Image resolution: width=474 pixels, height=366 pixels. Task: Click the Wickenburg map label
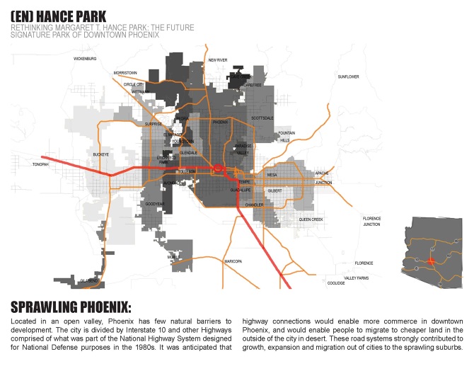[84, 59]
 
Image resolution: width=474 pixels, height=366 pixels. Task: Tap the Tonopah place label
[41, 164]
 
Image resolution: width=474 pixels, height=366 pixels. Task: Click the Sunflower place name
[348, 76]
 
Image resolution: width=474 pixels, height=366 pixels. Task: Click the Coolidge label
[336, 282]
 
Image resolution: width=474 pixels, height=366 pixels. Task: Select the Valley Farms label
[357, 278]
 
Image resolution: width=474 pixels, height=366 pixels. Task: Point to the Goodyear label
[155, 204]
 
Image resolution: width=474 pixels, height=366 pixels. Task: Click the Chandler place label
[253, 205]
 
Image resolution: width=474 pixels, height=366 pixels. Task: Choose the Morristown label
[125, 73]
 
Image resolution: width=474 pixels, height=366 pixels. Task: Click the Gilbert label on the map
[275, 190]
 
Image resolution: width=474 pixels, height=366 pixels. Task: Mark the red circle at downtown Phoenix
[218, 168]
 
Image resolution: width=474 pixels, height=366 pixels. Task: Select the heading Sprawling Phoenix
[71, 307]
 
